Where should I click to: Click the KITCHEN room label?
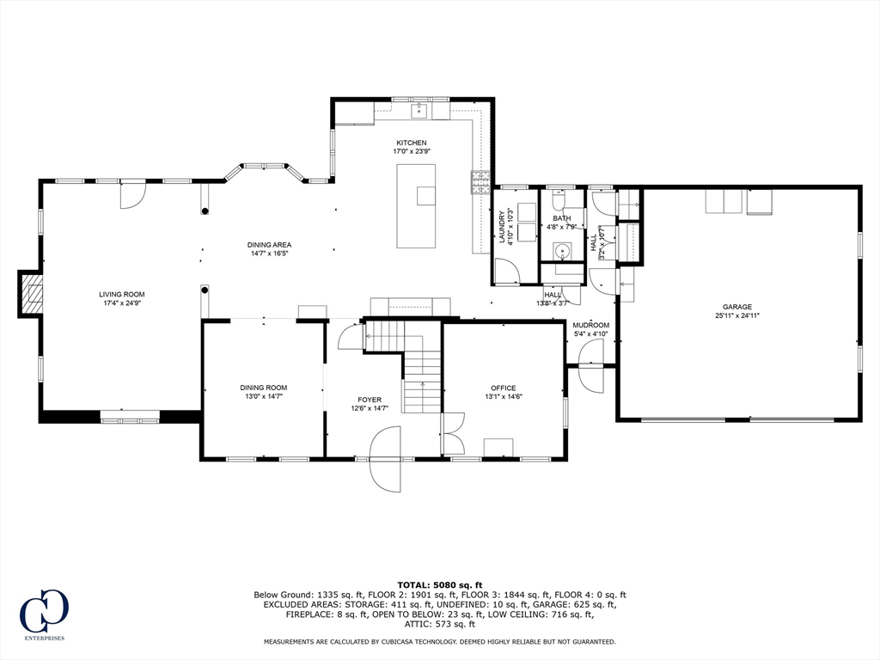(x=411, y=143)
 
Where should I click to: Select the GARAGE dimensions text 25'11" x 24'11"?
(x=737, y=315)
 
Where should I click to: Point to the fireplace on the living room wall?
(x=32, y=294)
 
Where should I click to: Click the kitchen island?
(x=416, y=206)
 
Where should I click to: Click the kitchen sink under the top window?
(x=420, y=109)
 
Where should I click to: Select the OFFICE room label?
(x=503, y=388)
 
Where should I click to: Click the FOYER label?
(x=370, y=400)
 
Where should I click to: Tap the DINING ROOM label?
(x=263, y=388)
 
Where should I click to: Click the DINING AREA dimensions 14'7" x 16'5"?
(x=270, y=254)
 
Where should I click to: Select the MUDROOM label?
(x=590, y=325)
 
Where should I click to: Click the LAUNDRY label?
(x=503, y=228)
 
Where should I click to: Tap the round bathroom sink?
(x=562, y=252)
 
